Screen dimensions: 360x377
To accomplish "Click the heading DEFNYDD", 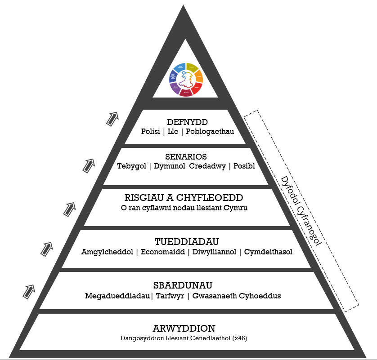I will (x=187, y=122).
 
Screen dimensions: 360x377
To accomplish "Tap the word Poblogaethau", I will (x=212, y=131).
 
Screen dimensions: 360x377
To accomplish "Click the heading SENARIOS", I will (x=186, y=157).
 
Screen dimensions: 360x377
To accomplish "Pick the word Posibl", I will (x=244, y=166).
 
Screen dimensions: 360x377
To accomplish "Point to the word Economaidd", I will (x=163, y=252).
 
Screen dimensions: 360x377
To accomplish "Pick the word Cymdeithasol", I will (x=268, y=252).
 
